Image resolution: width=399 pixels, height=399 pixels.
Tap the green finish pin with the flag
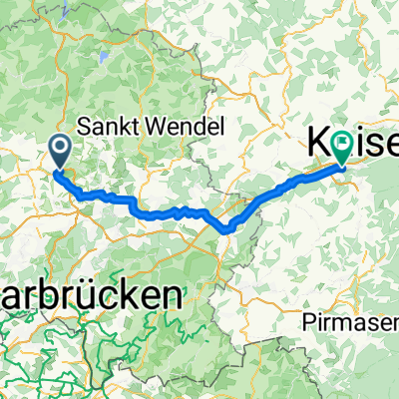pyautogui.click(x=343, y=149)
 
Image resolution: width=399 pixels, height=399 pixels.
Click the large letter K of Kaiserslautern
pyautogui.click(x=318, y=147)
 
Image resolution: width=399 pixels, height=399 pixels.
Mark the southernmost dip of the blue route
pyautogui.click(x=229, y=230)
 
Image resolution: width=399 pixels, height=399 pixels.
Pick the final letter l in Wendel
pyautogui.click(x=225, y=128)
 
